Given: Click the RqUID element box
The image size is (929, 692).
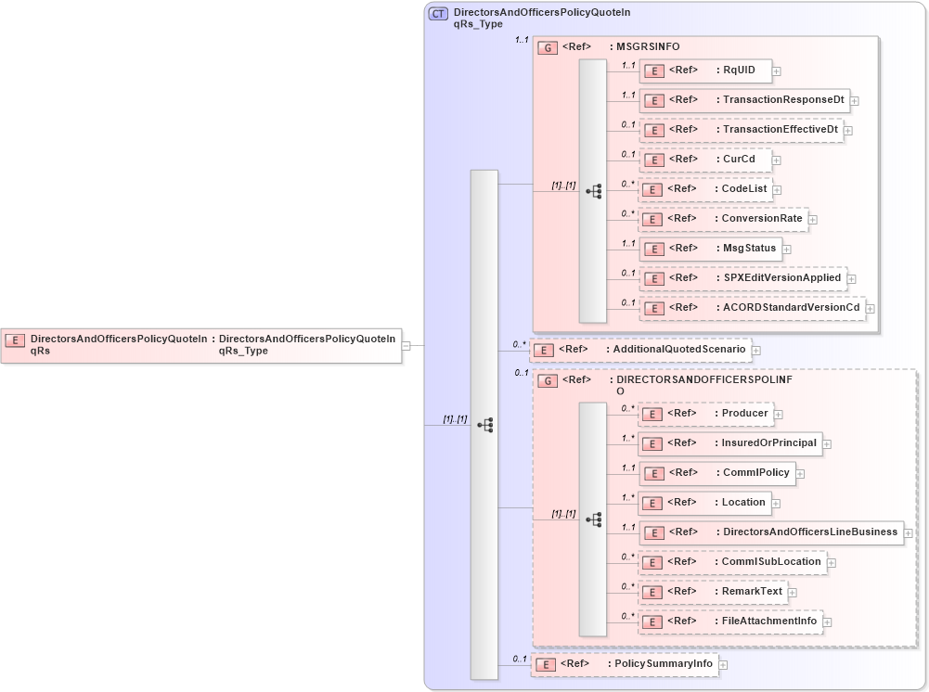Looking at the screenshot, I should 704,70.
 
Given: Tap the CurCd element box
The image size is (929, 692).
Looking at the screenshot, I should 704,160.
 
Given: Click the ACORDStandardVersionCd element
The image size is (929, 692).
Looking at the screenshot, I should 751,308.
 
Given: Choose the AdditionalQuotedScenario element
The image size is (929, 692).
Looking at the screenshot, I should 639,350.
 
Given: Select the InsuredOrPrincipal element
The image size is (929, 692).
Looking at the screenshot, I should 729,443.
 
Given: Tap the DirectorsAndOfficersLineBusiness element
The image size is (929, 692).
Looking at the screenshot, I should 770,532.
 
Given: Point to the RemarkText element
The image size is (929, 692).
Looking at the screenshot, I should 712,592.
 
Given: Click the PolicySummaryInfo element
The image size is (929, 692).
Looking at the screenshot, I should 624,664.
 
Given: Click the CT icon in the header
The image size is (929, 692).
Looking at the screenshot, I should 437,14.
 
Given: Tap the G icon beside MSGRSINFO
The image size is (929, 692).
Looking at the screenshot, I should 548,47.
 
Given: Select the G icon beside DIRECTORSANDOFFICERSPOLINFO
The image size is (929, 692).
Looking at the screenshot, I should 548,380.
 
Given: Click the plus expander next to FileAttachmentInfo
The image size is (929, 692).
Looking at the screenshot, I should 828,622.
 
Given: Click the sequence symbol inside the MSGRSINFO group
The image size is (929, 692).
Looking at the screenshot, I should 593,191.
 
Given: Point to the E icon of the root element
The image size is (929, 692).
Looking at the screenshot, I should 15,340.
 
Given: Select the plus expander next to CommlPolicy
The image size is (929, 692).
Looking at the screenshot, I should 800,474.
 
